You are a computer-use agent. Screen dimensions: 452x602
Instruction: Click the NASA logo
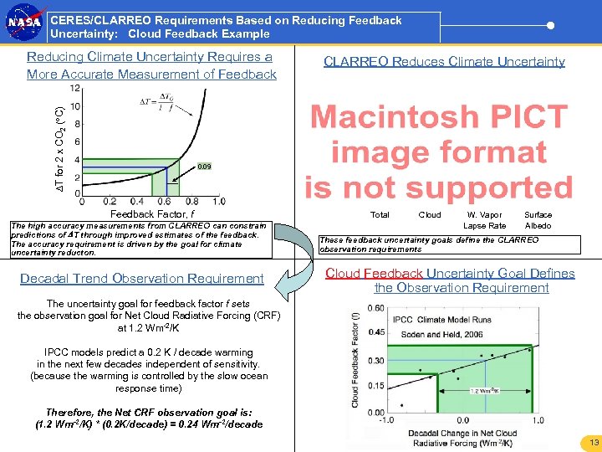[x=23, y=25]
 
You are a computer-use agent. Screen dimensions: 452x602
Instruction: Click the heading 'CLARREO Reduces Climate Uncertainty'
[x=444, y=61]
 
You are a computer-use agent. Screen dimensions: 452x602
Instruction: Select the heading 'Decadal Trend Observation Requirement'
[x=142, y=279]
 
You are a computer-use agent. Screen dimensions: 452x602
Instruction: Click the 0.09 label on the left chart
[x=204, y=167]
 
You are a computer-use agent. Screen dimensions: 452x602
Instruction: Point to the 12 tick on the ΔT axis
[x=74, y=88]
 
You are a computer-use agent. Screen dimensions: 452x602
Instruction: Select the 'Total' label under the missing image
[x=380, y=215]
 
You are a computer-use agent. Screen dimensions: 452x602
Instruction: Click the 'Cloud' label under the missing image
[x=430, y=215]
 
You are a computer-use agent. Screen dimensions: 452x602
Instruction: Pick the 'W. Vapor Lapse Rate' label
[x=485, y=220]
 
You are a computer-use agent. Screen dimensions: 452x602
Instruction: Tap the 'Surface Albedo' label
[x=538, y=220]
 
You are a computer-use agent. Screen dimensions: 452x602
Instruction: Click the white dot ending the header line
[x=550, y=25]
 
